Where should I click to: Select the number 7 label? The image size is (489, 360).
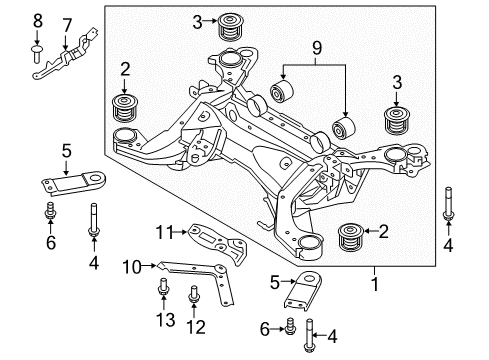click(x=67, y=24)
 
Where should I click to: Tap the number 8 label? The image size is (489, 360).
click(x=38, y=19)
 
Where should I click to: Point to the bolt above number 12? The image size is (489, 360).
click(x=193, y=297)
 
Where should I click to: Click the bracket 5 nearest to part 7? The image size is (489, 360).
click(x=72, y=186)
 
